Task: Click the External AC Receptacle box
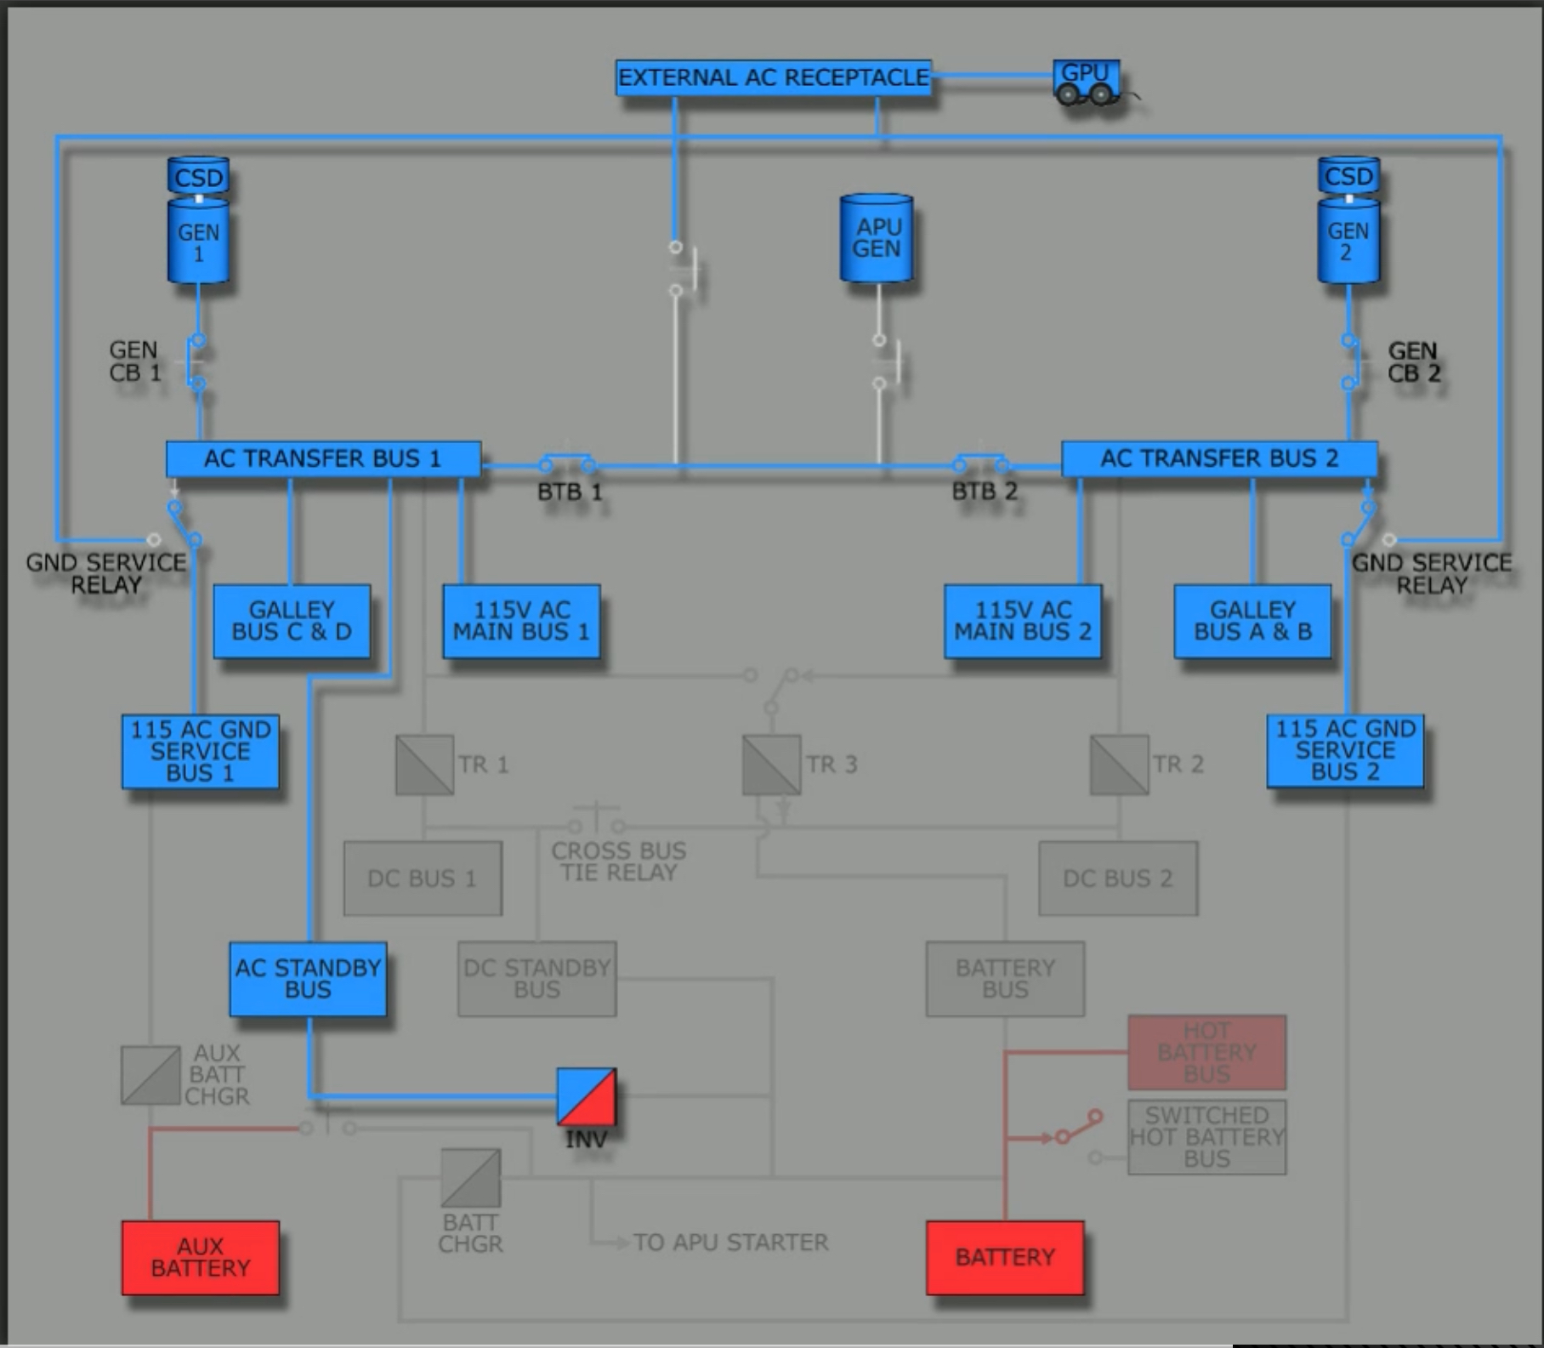(773, 77)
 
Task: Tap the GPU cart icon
(1086, 82)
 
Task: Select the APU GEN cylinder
(877, 238)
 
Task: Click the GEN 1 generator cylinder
(198, 242)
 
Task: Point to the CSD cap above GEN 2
(1348, 176)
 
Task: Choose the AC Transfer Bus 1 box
(323, 459)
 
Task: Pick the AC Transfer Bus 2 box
(1219, 459)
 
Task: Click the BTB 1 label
(570, 492)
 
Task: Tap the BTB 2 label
(985, 492)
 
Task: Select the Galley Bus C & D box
(292, 621)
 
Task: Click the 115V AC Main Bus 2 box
(1023, 621)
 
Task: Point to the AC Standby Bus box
(308, 979)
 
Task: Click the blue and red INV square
(587, 1097)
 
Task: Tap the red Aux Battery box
(201, 1258)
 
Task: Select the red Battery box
(1005, 1258)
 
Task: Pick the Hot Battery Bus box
(1206, 1052)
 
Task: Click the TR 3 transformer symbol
(771, 765)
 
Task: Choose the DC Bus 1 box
(423, 879)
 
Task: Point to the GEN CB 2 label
(1413, 362)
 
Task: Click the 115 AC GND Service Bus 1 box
(201, 752)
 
